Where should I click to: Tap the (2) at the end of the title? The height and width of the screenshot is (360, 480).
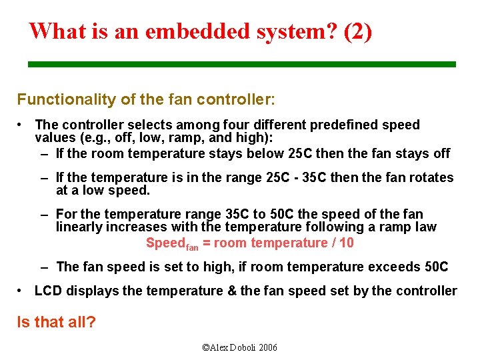click(358, 31)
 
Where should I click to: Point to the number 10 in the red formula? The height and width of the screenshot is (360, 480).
click(346, 243)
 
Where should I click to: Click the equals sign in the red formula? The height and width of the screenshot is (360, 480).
click(207, 243)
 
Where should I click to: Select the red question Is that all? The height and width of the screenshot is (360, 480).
click(56, 322)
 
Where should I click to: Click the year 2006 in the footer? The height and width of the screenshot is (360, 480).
click(267, 347)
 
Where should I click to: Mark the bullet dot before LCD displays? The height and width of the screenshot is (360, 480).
click(21, 291)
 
